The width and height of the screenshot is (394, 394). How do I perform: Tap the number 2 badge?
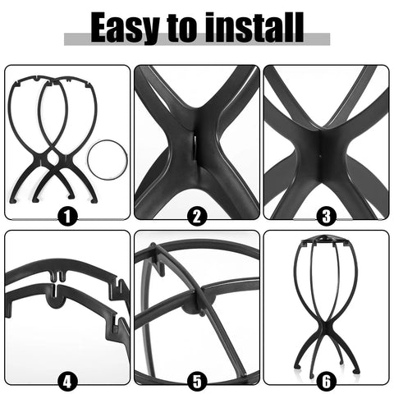[197, 216]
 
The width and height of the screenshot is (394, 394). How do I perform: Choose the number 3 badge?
[327, 216]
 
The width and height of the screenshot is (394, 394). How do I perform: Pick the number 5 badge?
[197, 380]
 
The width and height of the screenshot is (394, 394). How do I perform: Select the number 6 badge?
[327, 380]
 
